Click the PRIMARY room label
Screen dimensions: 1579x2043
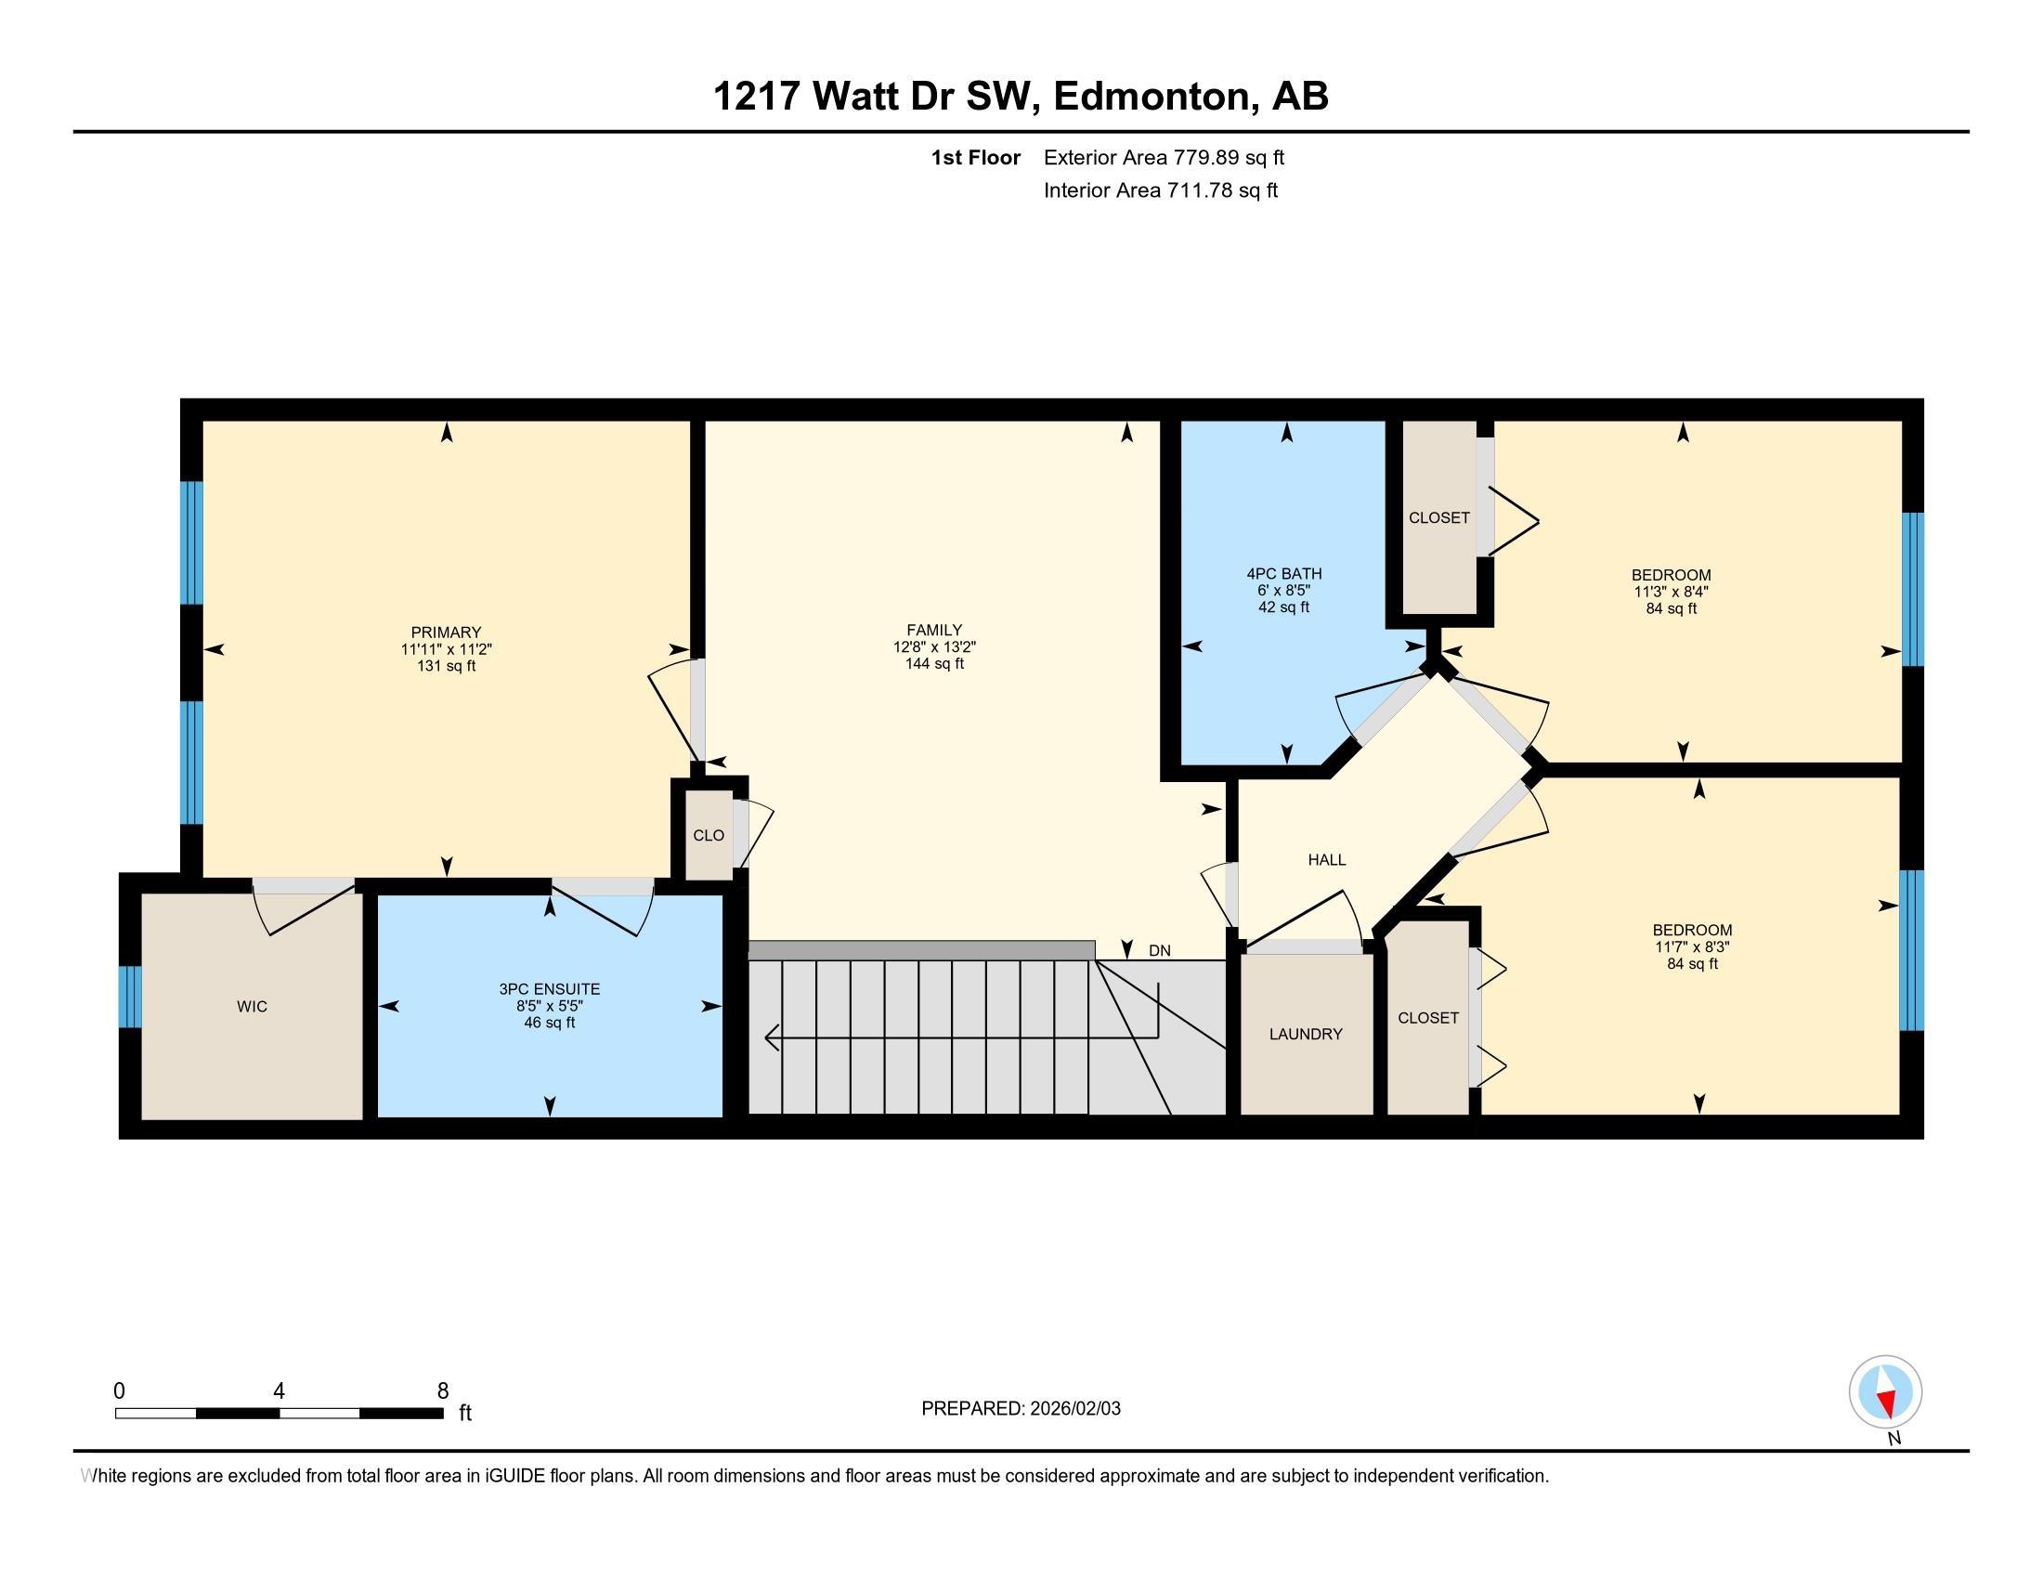click(445, 633)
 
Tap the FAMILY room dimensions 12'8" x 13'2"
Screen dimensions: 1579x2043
click(933, 647)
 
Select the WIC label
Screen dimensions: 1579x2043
click(252, 1007)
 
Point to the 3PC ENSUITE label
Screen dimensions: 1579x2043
click(549, 989)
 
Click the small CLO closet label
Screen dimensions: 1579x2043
click(709, 835)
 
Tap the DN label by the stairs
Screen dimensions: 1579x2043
click(1159, 950)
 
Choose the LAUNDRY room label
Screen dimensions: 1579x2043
click(1305, 1034)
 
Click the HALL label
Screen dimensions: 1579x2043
click(1326, 860)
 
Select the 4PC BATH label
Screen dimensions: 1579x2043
click(1283, 573)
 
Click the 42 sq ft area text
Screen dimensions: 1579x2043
click(1283, 607)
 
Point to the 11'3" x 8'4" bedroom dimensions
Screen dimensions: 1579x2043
click(1671, 591)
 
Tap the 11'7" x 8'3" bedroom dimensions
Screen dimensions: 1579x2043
click(1691, 946)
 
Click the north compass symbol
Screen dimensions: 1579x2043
click(1885, 1392)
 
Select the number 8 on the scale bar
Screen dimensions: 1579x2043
click(442, 1391)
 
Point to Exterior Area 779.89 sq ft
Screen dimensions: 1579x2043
click(1164, 157)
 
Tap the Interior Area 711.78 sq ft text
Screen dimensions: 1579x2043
click(1160, 190)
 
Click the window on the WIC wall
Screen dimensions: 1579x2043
click(130, 997)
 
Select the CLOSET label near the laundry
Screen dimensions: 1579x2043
click(1427, 1018)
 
